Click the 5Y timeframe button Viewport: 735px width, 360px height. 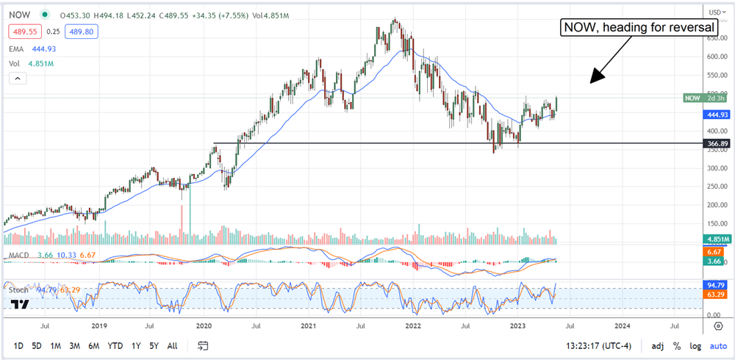click(x=154, y=345)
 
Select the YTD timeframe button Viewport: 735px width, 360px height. click(x=115, y=345)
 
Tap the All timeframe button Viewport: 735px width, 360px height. click(x=172, y=345)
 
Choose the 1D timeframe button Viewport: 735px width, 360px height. click(x=18, y=345)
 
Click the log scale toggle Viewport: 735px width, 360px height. click(x=695, y=345)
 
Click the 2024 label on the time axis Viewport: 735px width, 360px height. click(x=622, y=324)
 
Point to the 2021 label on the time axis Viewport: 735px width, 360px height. click(x=308, y=324)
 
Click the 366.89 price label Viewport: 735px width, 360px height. click(x=717, y=144)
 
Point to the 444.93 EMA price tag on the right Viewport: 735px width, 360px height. click(x=717, y=115)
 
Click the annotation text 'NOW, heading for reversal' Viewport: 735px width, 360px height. click(x=638, y=28)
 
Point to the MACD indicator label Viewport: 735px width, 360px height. click(x=18, y=254)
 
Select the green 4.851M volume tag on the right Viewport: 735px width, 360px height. click(x=717, y=240)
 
